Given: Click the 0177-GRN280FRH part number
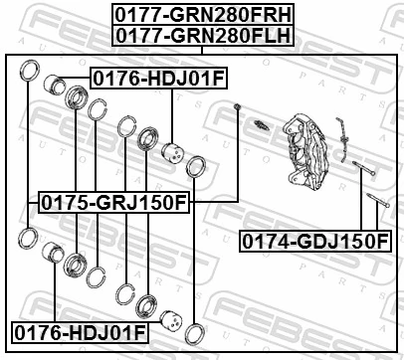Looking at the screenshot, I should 202,14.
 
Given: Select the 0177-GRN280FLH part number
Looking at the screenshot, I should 202,35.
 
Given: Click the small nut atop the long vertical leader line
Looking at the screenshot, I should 239,107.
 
